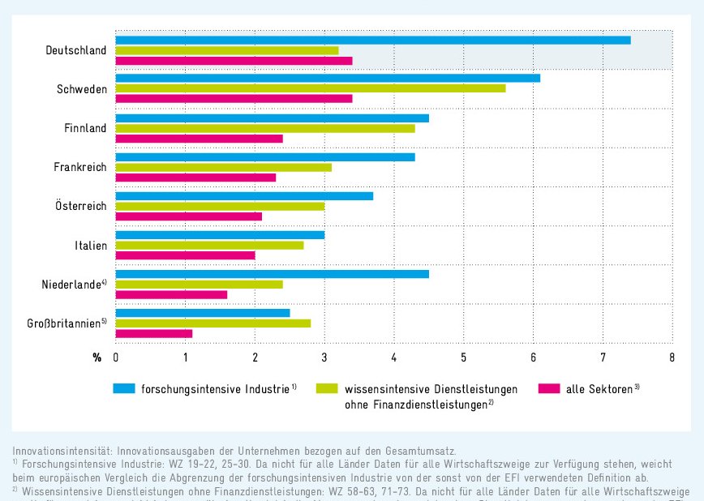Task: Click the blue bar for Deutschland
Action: [373, 40]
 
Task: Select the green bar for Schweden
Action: [311, 88]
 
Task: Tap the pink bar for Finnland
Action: [200, 139]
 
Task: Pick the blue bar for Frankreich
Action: [265, 157]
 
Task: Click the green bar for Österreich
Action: [221, 206]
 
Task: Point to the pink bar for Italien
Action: [186, 255]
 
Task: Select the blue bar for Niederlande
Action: [273, 274]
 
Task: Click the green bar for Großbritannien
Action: [213, 323]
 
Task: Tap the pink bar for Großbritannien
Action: [154, 333]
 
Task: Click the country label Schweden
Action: [82, 89]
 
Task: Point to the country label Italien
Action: [89, 245]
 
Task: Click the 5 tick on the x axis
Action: [463, 358]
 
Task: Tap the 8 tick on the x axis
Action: [672, 358]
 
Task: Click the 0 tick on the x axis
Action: [116, 358]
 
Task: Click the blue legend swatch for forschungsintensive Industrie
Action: [124, 388]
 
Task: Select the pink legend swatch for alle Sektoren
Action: [549, 388]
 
